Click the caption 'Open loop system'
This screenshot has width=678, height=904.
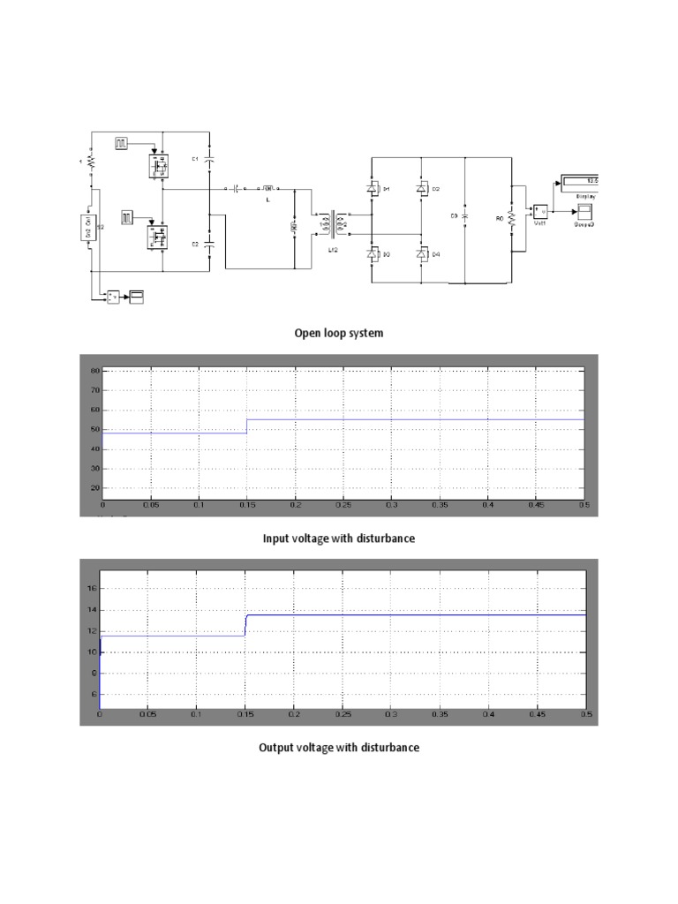[x=339, y=334]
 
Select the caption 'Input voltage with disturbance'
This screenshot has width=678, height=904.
[x=339, y=539]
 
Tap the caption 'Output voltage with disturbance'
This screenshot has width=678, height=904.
[x=339, y=748]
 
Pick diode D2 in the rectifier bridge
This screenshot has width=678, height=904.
[x=422, y=188]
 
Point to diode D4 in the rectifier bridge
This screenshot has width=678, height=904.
[x=422, y=254]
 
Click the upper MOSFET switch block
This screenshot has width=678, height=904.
[x=161, y=164]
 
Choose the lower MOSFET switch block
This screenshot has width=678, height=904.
[x=161, y=236]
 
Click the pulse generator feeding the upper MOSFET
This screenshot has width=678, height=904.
[x=123, y=143]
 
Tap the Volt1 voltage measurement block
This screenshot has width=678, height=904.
[x=539, y=210]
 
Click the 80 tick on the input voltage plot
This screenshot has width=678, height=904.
[x=95, y=372]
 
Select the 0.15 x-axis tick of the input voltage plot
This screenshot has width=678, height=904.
[x=247, y=505]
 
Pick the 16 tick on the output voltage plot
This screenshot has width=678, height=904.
[x=91, y=588]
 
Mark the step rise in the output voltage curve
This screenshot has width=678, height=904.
[x=245, y=625]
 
